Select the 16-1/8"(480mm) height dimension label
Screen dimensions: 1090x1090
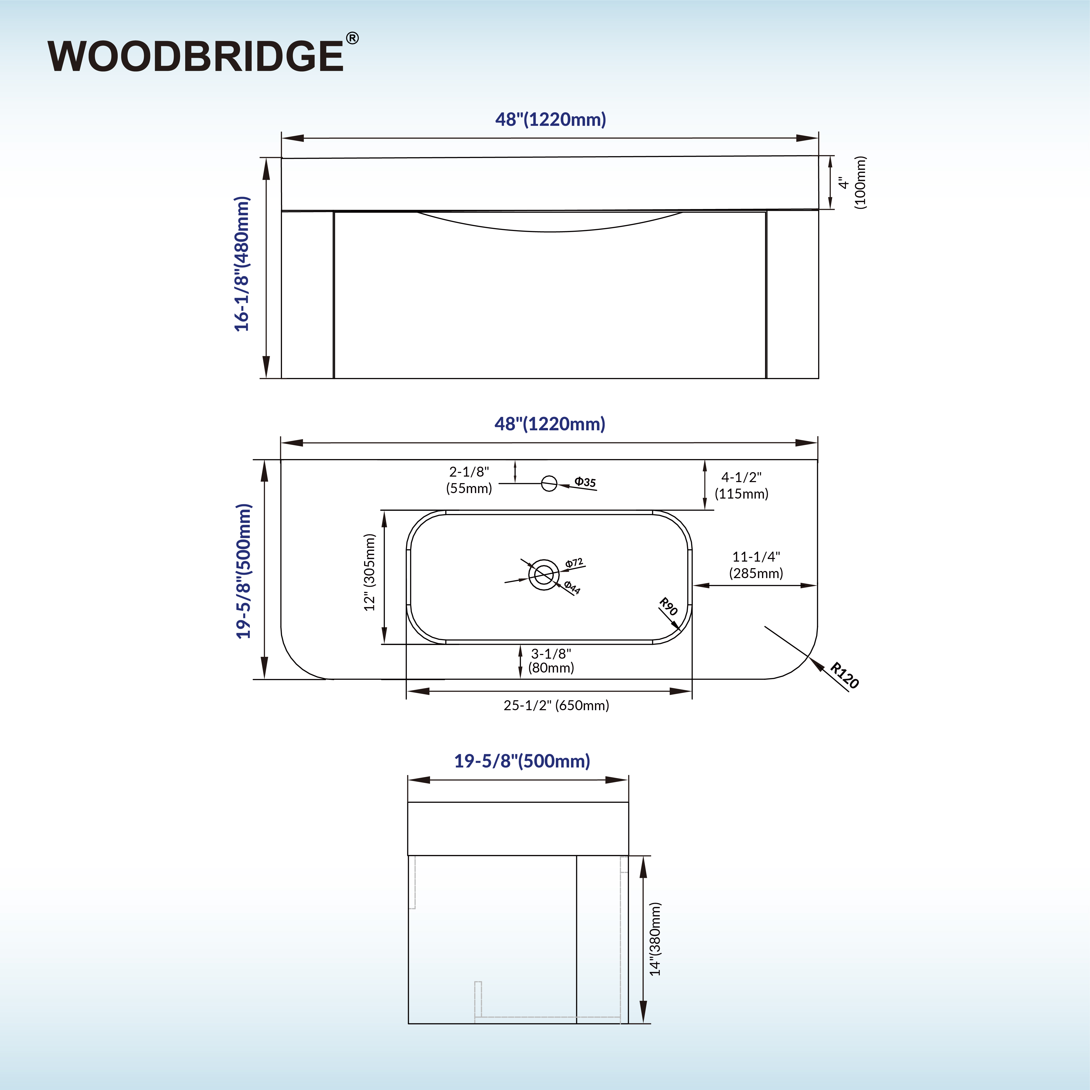tap(242, 264)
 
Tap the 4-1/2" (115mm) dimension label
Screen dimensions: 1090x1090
tap(741, 485)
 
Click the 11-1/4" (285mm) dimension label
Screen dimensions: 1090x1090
tap(756, 565)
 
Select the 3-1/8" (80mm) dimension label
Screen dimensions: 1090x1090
tap(551, 661)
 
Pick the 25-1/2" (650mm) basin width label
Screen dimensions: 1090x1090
tap(556, 705)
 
